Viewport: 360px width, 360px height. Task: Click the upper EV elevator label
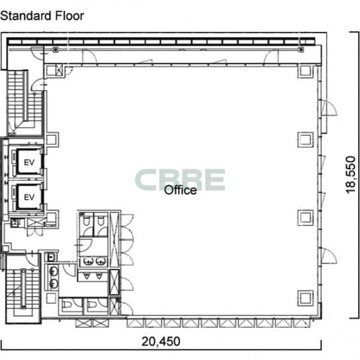point(29,163)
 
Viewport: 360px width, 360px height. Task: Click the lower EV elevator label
point(29,197)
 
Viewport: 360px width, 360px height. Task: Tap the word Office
point(181,190)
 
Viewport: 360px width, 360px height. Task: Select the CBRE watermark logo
point(180,180)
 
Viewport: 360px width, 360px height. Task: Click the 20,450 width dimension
point(161,341)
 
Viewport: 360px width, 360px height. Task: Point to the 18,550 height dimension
point(351,175)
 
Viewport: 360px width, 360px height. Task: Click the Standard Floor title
point(42,16)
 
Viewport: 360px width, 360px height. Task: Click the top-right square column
point(305,71)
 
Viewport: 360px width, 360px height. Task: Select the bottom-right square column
point(305,298)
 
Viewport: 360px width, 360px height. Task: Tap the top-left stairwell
point(24,102)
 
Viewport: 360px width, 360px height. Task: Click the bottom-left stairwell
point(23,289)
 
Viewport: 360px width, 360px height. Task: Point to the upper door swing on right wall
point(329,108)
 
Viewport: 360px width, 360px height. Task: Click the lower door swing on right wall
point(329,255)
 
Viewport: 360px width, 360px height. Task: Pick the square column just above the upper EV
point(52,140)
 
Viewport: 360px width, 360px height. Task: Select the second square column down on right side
point(305,140)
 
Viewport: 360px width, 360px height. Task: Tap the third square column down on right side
point(305,218)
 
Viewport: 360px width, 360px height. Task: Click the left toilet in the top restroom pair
point(86,221)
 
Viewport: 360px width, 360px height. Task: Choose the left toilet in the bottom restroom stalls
point(67,304)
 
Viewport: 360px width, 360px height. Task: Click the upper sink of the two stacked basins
point(54,271)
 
